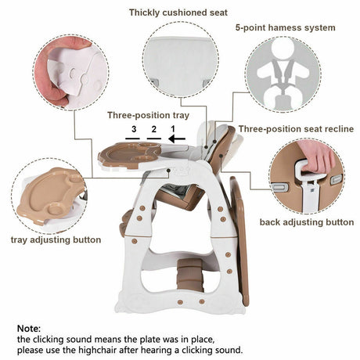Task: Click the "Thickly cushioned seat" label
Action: (x=178, y=13)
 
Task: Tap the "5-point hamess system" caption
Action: (x=286, y=27)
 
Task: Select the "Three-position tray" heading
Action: (x=149, y=115)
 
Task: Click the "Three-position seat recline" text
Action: (x=296, y=129)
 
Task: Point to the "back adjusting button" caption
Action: (x=307, y=222)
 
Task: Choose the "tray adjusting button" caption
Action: (x=56, y=239)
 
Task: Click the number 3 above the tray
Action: (x=134, y=129)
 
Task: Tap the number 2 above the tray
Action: (x=154, y=129)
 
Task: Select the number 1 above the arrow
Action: (x=173, y=129)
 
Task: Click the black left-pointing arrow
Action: (x=177, y=139)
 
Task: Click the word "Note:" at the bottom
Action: (x=29, y=328)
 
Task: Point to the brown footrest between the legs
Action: (x=190, y=275)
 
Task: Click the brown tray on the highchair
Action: (x=129, y=154)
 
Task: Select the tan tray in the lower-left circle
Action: (x=49, y=194)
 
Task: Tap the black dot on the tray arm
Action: (x=169, y=171)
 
